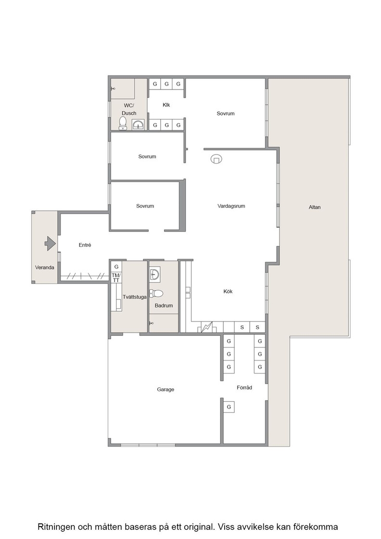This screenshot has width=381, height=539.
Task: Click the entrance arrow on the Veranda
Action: coord(50,244)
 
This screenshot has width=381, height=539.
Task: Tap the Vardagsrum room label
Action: coord(231,206)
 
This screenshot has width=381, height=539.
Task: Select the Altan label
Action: coord(315,207)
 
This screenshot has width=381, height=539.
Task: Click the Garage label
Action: coord(165,389)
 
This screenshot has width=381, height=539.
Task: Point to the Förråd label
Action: coord(244,387)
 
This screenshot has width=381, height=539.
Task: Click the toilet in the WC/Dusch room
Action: coord(123,123)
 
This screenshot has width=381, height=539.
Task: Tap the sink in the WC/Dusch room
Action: coord(139,125)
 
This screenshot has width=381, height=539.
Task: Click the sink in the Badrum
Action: coord(154,274)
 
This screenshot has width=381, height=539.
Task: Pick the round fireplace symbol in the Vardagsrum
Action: coord(216,159)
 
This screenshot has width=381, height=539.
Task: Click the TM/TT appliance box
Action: coord(116,278)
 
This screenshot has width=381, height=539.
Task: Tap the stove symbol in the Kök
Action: coord(207,327)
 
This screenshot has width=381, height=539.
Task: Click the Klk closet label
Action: coord(166,105)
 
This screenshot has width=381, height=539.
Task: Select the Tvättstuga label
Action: coord(135,297)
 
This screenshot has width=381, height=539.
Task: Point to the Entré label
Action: coord(85,245)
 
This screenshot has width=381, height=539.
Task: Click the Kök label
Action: coord(228,292)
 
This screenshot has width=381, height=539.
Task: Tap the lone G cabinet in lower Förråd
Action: coord(229,407)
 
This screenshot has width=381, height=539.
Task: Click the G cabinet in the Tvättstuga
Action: coord(116,267)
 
